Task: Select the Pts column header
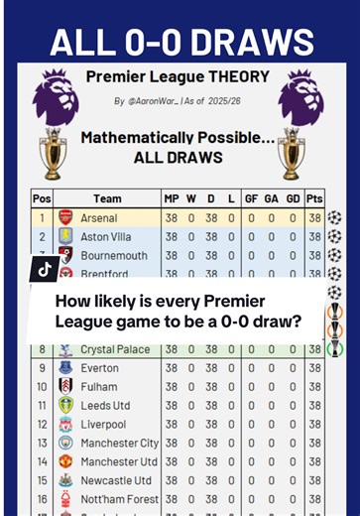[315, 198]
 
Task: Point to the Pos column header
[42, 198]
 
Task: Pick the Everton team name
[99, 368]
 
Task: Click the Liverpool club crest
[65, 425]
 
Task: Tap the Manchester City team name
[120, 443]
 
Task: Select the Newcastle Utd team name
[117, 480]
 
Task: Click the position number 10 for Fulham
[42, 387]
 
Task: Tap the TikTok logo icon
[46, 269]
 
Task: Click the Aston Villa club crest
[65, 236]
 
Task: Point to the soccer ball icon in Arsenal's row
[335, 217]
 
